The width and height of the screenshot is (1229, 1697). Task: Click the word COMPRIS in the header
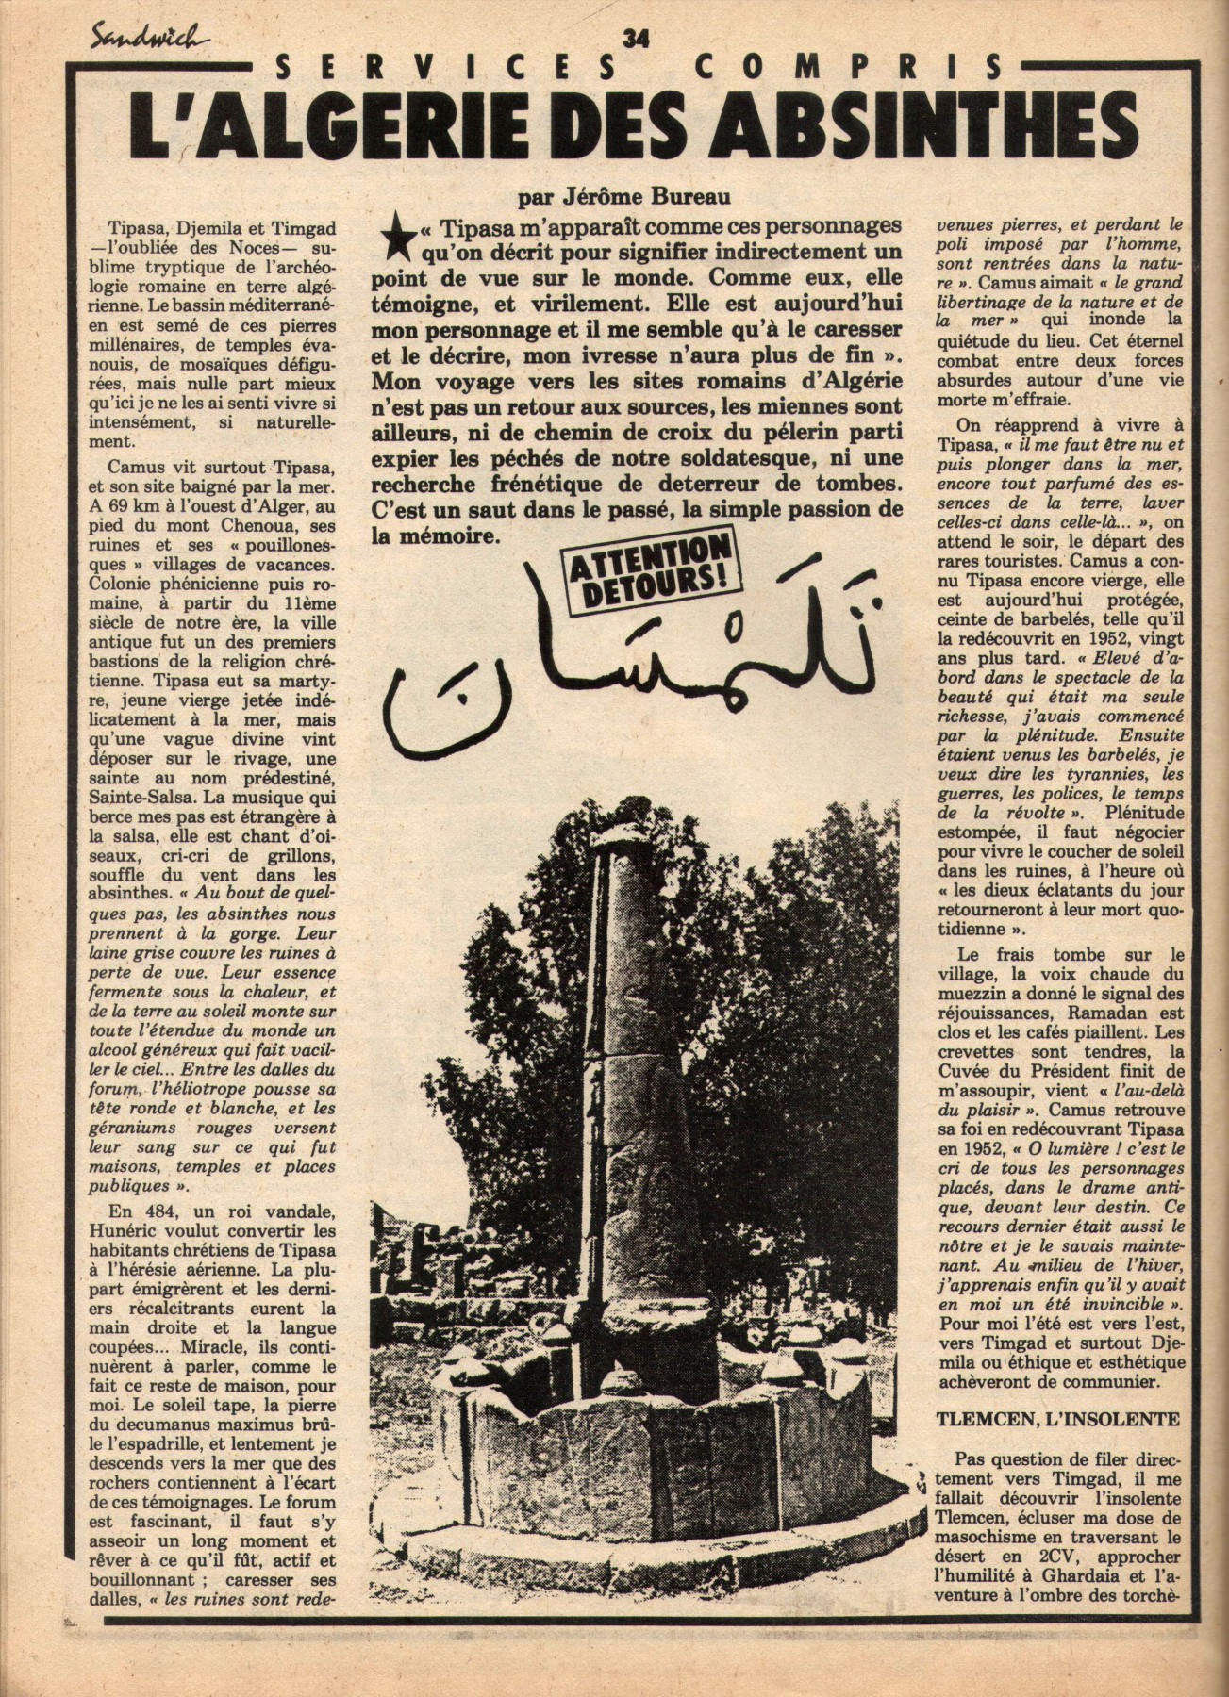tap(884, 67)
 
